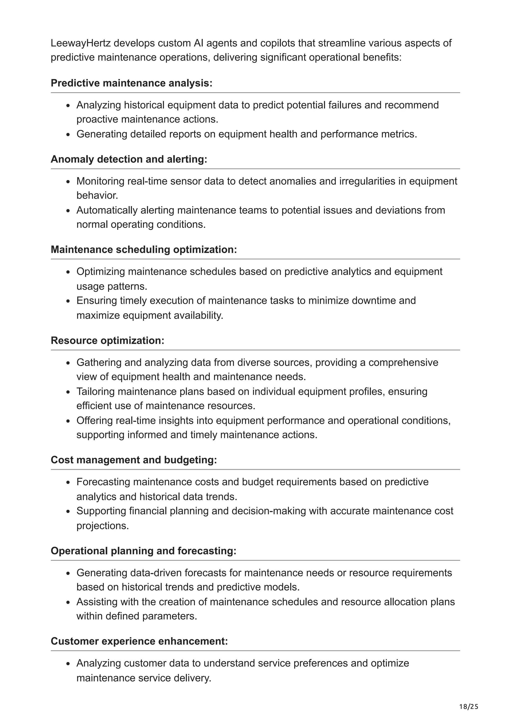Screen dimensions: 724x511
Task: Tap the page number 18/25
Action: (469, 707)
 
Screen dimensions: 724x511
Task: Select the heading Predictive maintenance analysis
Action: (131, 83)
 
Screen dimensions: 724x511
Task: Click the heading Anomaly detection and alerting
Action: (129, 159)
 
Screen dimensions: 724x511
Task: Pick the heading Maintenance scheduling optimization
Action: (143, 249)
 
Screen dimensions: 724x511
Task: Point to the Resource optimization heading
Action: (107, 341)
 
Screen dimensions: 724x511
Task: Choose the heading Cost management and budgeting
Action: (134, 460)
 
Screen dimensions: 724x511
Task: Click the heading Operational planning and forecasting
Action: (143, 551)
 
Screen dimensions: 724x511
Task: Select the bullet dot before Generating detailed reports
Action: (68, 135)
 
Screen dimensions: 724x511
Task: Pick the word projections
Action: (102, 526)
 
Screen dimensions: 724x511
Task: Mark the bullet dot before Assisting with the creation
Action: (68, 602)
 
